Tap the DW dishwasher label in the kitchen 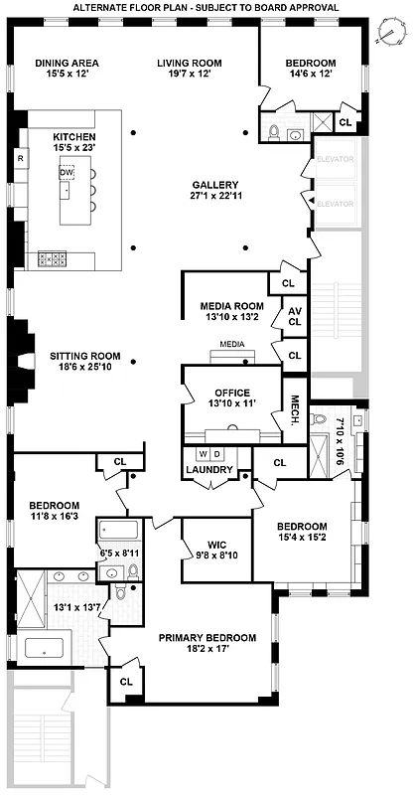(x=67, y=172)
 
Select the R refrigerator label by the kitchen (x=20, y=158)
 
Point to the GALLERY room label (x=216, y=186)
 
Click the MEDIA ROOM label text (x=231, y=305)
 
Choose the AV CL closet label (x=294, y=316)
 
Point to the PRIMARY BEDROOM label (x=208, y=638)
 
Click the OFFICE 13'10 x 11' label (x=231, y=398)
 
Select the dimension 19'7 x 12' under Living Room (x=189, y=75)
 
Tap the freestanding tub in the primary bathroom (x=42, y=649)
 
